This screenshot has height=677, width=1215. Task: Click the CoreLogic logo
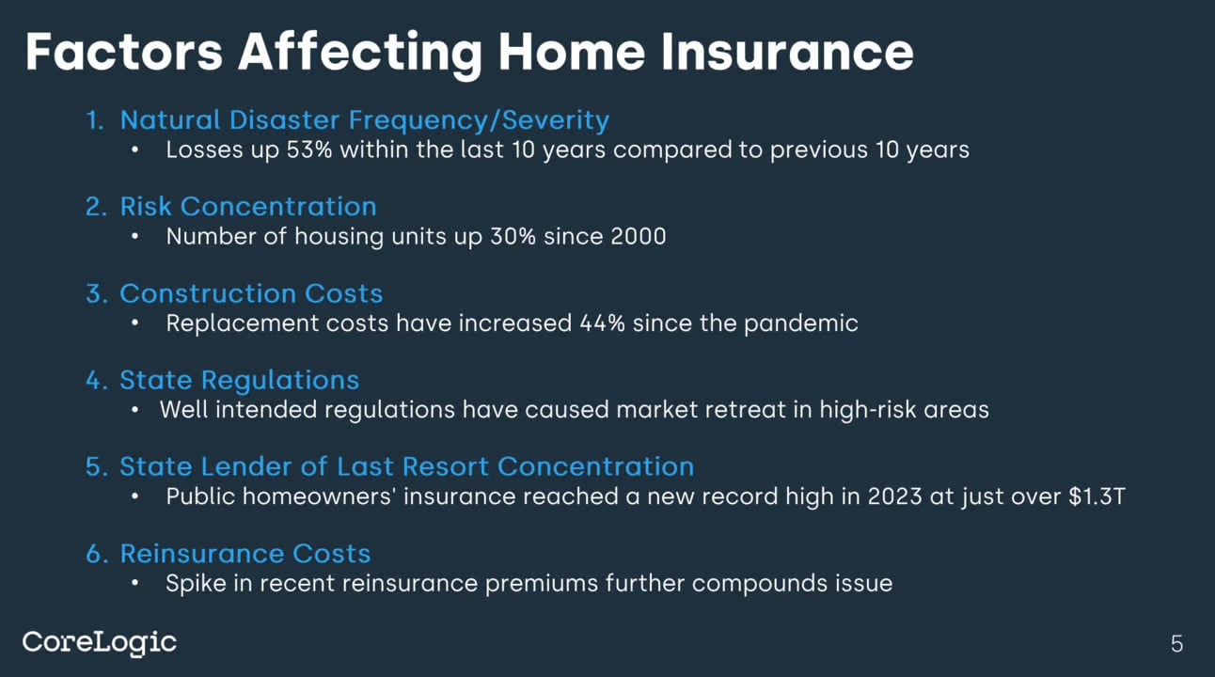tap(100, 643)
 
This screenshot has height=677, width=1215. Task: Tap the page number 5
tap(1176, 644)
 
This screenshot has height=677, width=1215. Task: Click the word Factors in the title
tap(124, 52)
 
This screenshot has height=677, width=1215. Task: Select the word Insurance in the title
tap(786, 52)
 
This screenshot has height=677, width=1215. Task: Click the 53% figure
tap(308, 150)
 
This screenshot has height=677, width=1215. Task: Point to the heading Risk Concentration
tap(248, 207)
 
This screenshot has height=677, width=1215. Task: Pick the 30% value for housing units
tap(513, 237)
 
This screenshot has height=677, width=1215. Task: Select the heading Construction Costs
tap(251, 293)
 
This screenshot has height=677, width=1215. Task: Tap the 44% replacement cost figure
tap(602, 323)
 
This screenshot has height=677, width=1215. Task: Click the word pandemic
tap(800, 323)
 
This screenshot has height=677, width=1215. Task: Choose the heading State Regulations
tap(239, 380)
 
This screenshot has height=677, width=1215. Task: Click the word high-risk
tap(867, 410)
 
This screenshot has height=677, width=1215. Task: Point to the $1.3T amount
tap(1097, 496)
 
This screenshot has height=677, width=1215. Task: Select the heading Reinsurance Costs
tap(245, 554)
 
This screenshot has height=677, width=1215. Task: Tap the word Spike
tap(196, 584)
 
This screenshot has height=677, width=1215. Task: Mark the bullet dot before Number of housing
tap(135, 237)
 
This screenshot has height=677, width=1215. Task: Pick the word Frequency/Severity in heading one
tap(479, 120)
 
